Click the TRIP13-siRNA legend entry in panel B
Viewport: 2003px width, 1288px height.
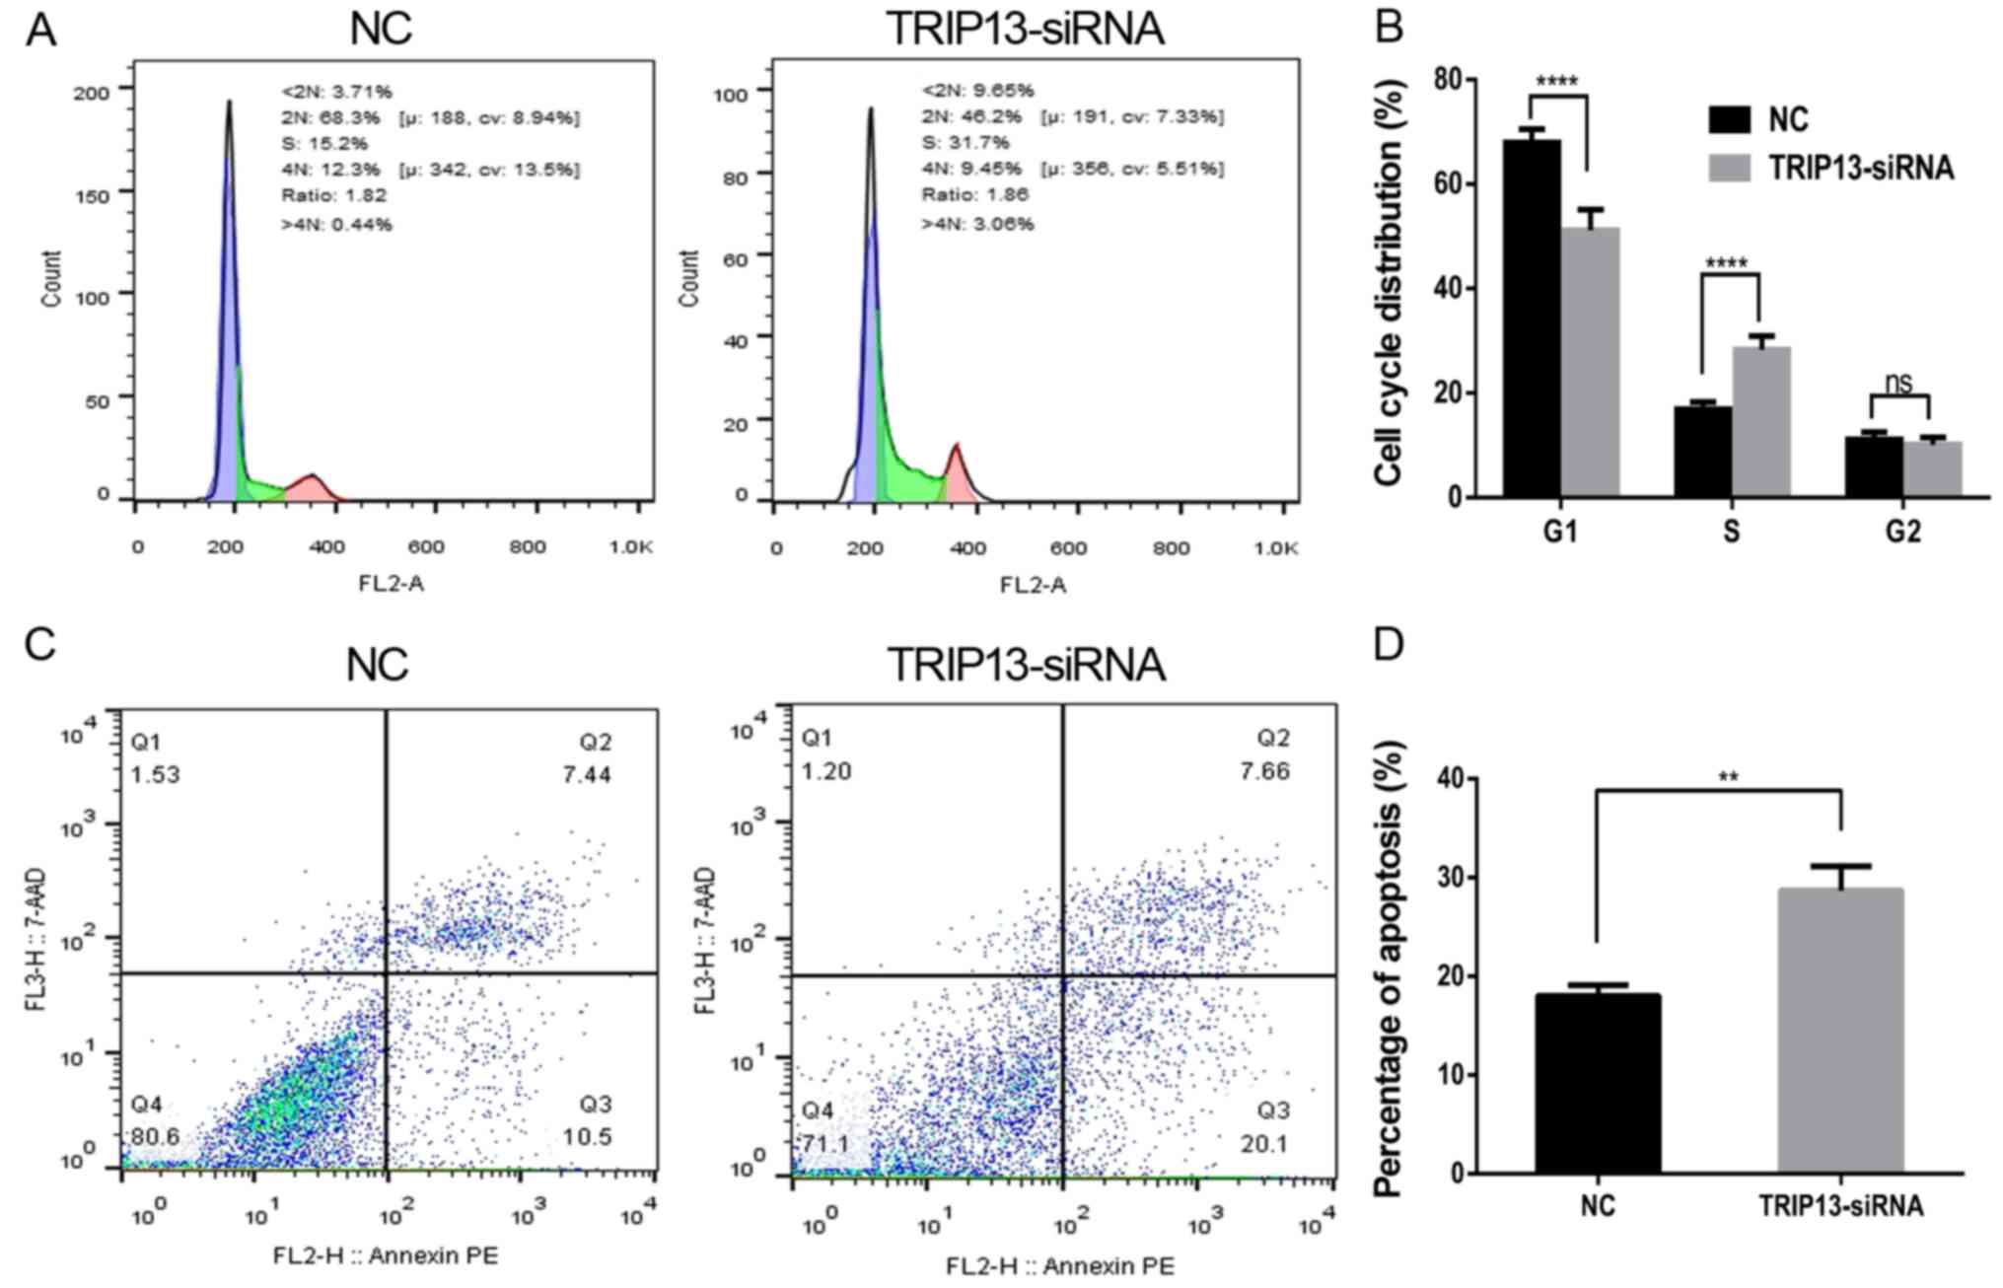pos(1860,168)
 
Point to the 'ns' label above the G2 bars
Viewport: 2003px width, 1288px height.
pos(1898,382)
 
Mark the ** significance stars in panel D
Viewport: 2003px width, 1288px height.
pos(1728,777)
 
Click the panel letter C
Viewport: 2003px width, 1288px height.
pos(39,645)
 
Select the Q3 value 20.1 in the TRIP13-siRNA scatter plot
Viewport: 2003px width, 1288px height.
pos(1265,1143)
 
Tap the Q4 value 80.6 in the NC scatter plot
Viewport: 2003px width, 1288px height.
pos(156,1136)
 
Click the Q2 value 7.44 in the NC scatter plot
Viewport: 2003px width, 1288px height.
pos(587,774)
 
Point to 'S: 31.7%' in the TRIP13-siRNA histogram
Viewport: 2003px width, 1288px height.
pos(966,142)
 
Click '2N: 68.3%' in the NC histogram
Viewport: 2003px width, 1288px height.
pos(330,118)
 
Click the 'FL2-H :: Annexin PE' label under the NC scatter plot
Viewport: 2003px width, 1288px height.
pos(386,1254)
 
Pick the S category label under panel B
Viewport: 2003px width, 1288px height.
pos(1732,532)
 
